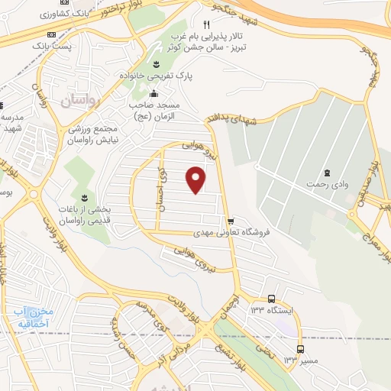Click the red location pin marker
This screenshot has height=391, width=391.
pos(196,180)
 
